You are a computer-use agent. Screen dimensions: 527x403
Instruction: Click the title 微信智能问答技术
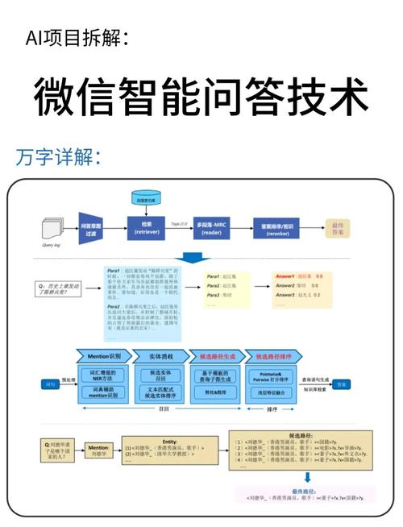tap(201, 98)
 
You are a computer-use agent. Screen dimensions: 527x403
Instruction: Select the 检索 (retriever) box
tap(147, 227)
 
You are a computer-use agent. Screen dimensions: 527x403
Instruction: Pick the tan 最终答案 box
tap(339, 228)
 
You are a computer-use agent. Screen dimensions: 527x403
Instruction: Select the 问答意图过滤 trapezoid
tap(91, 227)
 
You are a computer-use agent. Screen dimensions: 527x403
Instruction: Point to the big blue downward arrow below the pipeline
tap(195, 258)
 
